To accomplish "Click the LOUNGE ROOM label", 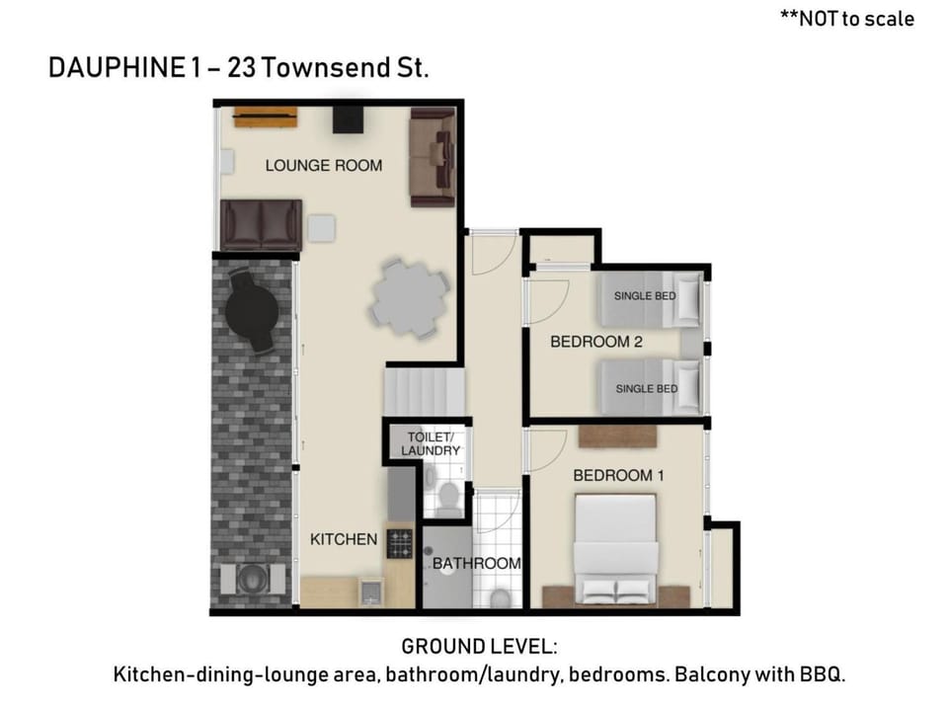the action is [324, 166].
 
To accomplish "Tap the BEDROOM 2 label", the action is [596, 342].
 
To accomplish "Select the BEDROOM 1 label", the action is [618, 476].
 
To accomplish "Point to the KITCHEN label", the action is [344, 539].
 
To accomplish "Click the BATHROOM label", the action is [476, 564].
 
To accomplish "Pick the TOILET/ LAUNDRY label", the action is [431, 443].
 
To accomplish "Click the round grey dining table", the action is [409, 297].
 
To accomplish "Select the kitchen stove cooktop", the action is [399, 543].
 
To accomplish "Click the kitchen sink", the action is [370, 592].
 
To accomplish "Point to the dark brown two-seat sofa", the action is [261, 225].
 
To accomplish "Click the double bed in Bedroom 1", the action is [616, 549].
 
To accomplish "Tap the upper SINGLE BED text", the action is [645, 296].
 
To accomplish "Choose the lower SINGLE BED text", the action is [647, 389].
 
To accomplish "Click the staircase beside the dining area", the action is [424, 392].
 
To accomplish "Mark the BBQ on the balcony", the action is [253, 580].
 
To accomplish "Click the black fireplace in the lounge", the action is [349, 119].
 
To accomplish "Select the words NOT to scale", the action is [857, 19].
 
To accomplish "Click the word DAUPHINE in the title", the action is [117, 67].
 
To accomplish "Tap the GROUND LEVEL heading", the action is [480, 647].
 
